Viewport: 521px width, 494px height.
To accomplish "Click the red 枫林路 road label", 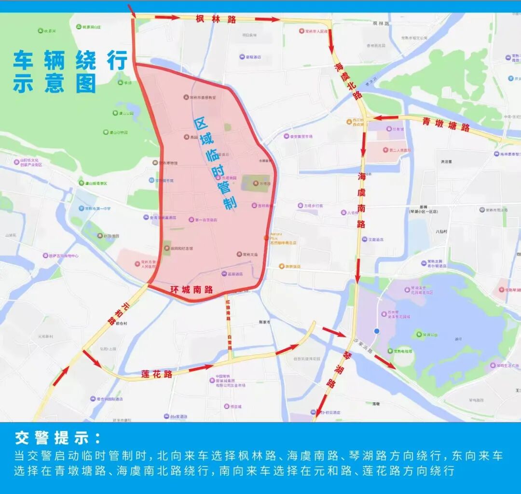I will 216,19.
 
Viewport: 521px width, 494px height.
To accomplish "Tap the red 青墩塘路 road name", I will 446,124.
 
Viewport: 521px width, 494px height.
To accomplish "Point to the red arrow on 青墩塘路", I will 386,117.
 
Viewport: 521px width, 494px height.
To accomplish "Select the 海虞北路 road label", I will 347,80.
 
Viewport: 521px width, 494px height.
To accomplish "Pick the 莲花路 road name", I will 157,374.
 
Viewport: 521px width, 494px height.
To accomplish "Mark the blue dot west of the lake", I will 377,331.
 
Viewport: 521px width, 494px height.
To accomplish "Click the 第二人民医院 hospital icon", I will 384,150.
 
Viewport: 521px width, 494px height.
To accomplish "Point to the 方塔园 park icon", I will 256,183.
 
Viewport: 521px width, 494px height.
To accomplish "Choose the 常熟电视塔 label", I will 403,351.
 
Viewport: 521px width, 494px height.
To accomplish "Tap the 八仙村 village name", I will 441,231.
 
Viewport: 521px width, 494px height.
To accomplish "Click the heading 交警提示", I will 58,438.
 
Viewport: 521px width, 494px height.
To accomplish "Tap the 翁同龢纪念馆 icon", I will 167,248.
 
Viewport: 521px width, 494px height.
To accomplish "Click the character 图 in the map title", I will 85,84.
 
